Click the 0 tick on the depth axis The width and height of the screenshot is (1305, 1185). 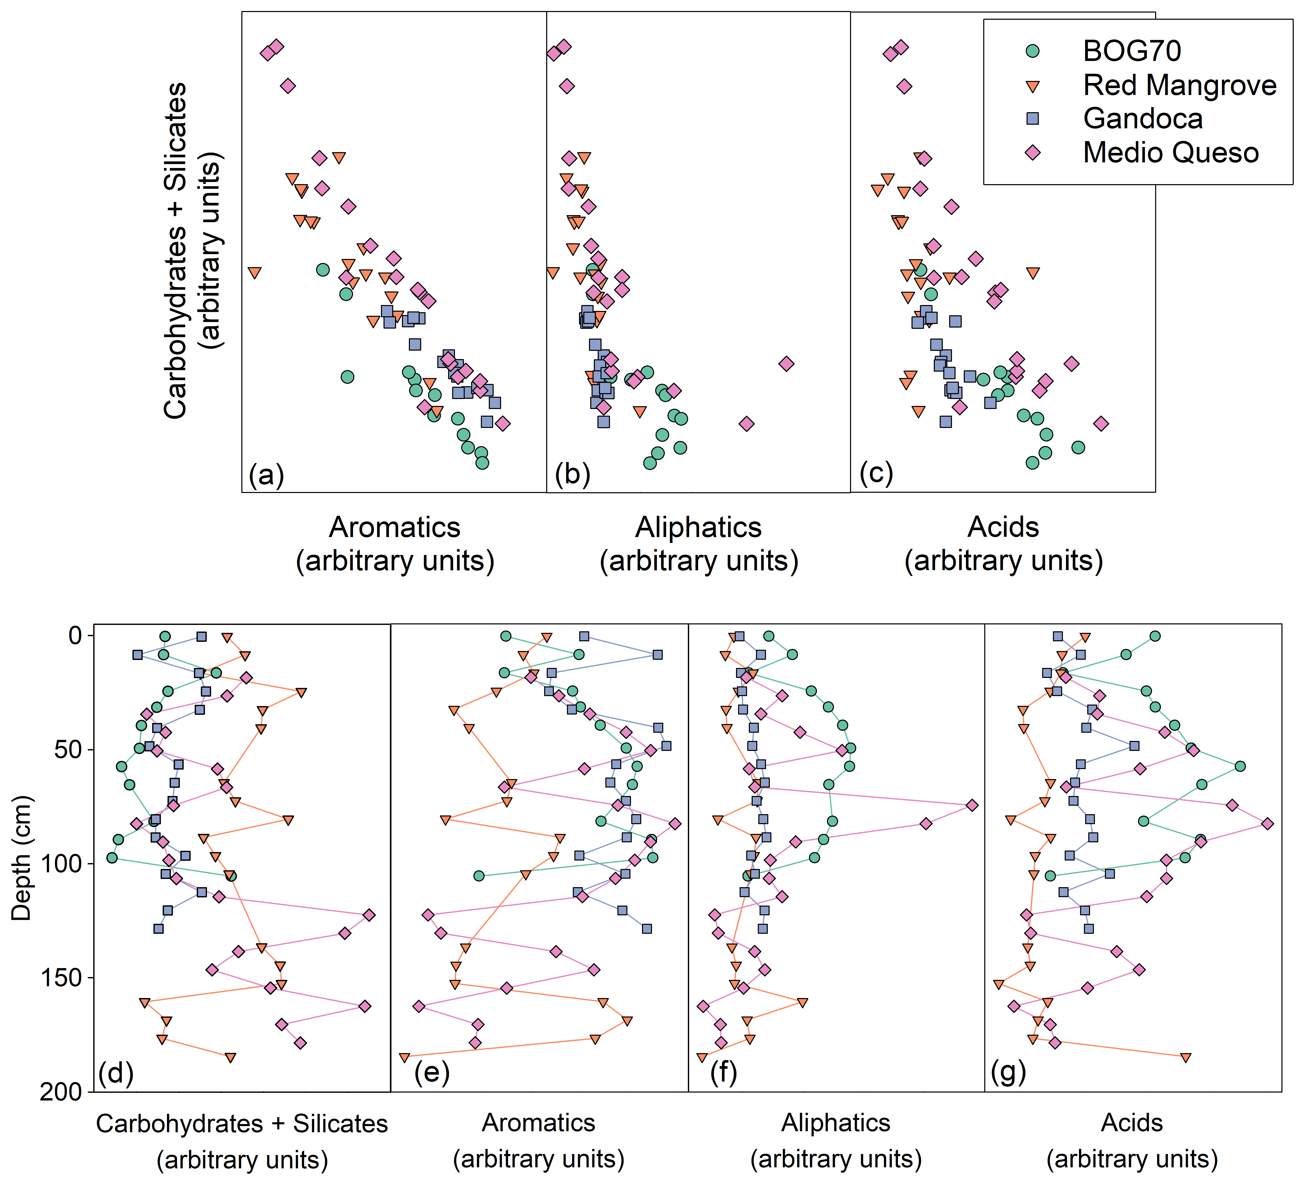point(76,636)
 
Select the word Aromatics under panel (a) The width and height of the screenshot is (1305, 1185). point(395,528)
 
